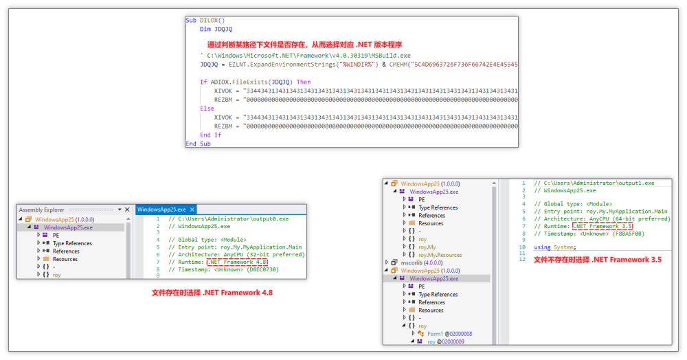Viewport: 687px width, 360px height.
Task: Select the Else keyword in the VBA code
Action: [x=207, y=109]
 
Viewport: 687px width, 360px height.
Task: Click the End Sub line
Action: [x=198, y=144]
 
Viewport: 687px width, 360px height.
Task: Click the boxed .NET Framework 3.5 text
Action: [x=602, y=226]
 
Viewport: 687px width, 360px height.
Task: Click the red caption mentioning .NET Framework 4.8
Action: [x=212, y=293]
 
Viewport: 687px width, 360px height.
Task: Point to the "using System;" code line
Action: [x=556, y=247]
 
